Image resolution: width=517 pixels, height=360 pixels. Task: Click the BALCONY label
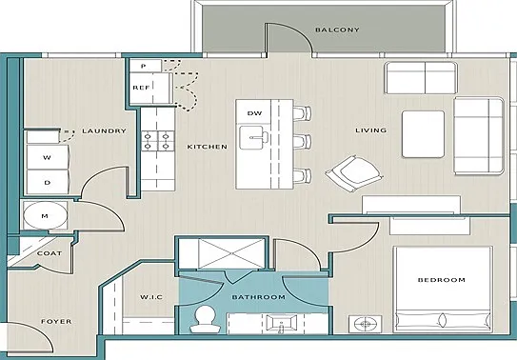pyautogui.click(x=337, y=30)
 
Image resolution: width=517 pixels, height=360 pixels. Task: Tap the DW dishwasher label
pyautogui.click(x=254, y=113)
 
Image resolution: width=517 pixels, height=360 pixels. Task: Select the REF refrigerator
pyautogui.click(x=150, y=88)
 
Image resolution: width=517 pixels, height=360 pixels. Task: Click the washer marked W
pyautogui.click(x=48, y=157)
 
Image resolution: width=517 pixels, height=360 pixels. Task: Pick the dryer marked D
pyautogui.click(x=48, y=182)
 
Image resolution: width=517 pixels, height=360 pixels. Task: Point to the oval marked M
pyautogui.click(x=46, y=215)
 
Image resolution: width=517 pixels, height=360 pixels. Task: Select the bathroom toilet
pyautogui.click(x=205, y=319)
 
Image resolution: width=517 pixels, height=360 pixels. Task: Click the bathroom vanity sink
pyautogui.click(x=282, y=323)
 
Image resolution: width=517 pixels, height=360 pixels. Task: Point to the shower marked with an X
pyautogui.click(x=231, y=253)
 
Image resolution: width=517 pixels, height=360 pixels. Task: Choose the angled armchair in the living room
pyautogui.click(x=354, y=173)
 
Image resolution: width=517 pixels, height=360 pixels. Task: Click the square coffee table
pyautogui.click(x=423, y=134)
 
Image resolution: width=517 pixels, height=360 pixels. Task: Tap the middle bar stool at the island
pyautogui.click(x=302, y=142)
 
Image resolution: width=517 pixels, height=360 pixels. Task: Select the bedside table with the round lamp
pyautogui.click(x=365, y=324)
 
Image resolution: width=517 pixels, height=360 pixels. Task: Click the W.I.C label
pyautogui.click(x=151, y=297)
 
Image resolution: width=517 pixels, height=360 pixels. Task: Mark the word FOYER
pyautogui.click(x=56, y=322)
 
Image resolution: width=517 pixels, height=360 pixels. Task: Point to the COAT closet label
pyautogui.click(x=50, y=253)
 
